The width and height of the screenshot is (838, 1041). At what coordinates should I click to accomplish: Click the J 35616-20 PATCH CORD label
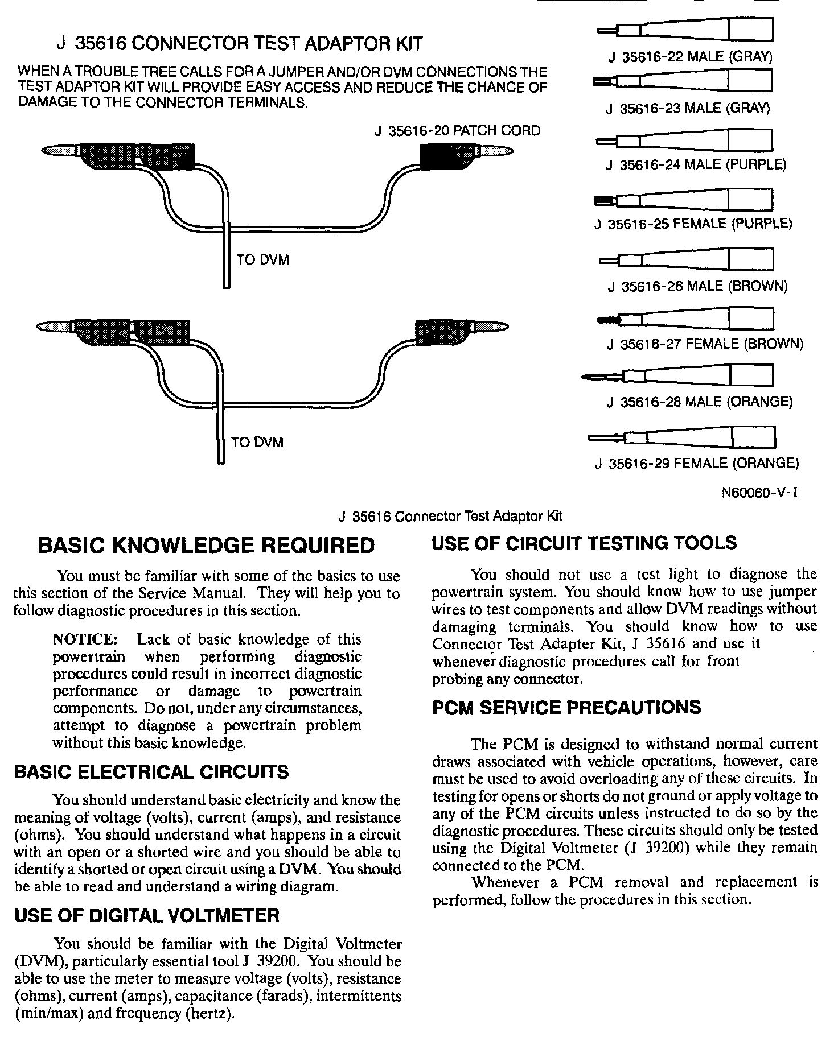coord(457,131)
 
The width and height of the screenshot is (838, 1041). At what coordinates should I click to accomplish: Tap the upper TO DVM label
coord(262,260)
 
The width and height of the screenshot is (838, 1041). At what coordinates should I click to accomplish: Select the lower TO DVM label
coord(257,442)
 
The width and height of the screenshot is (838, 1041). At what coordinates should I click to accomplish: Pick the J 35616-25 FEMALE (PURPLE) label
coord(693,224)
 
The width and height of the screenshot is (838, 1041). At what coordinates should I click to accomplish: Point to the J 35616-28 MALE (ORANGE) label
coord(700,402)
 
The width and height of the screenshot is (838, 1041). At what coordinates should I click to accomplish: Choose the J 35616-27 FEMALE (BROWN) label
coord(705,344)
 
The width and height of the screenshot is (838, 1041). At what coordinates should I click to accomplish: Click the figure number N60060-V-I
coord(759,493)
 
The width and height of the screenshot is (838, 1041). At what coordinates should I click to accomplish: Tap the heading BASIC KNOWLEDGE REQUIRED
coord(206,546)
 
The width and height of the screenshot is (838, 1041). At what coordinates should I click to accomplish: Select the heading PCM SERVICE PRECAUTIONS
coord(566,708)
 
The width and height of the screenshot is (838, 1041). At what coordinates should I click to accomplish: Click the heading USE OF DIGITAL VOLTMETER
coord(147,915)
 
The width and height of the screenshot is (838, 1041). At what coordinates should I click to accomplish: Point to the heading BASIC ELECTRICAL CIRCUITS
coord(151,772)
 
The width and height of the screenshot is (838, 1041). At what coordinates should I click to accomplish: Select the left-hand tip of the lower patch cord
coord(54,327)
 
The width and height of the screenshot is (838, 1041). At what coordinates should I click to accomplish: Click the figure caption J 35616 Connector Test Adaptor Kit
coord(450,516)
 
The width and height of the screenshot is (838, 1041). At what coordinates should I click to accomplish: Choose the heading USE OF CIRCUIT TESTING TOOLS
coord(584,543)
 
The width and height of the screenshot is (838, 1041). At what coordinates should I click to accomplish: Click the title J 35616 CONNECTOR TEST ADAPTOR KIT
coord(240,44)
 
